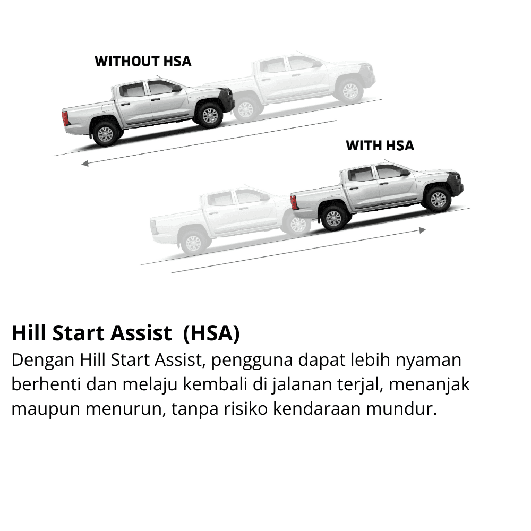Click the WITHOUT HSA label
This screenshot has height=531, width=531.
click(x=143, y=61)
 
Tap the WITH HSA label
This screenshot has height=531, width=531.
click(x=380, y=145)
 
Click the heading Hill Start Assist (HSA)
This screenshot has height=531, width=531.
click(x=126, y=333)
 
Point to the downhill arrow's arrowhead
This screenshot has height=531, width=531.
click(x=84, y=164)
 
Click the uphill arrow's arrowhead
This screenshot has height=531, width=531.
click(x=423, y=230)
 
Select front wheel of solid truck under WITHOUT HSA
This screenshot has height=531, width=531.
click(x=210, y=115)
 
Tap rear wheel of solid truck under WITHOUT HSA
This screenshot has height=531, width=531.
click(x=105, y=134)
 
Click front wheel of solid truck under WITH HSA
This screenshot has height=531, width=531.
click(x=438, y=200)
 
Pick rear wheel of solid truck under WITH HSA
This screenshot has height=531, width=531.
click(x=334, y=218)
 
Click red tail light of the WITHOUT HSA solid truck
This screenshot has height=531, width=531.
click(x=65, y=118)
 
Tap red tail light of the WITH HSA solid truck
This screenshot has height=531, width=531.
click(x=294, y=202)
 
